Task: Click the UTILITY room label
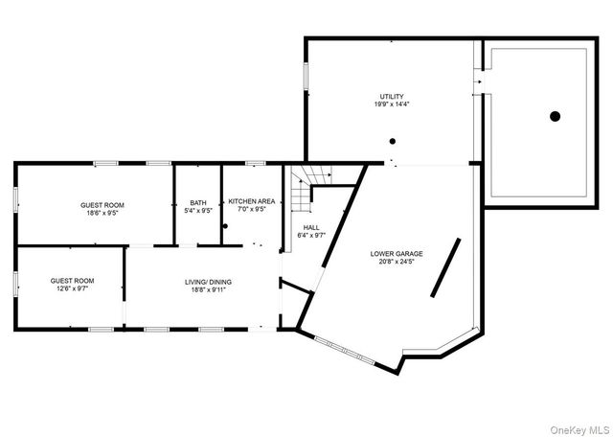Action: [392, 97]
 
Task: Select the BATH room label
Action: [198, 202]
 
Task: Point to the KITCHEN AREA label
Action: [252, 201]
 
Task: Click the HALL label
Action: [311, 227]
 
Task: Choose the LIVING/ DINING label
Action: [208, 282]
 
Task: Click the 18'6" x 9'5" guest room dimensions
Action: [102, 214]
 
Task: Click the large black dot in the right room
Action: [555, 117]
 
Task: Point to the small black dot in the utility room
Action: [392, 141]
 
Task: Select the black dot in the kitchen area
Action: [225, 225]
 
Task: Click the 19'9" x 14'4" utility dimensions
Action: [392, 105]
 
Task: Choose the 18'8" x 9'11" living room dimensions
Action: [208, 290]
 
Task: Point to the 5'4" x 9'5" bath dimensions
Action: [198, 211]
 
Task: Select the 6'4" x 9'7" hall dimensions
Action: [311, 236]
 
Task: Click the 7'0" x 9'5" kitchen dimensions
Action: [252, 210]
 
